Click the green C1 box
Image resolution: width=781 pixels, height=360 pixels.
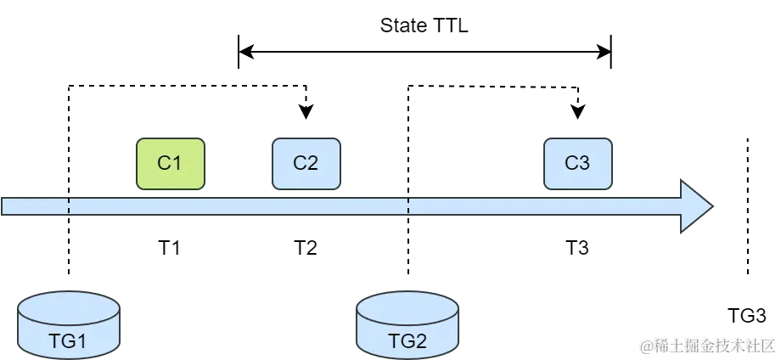pos(170,163)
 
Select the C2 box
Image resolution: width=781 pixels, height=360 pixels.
pos(306,163)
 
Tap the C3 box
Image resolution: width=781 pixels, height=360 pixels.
pos(577,163)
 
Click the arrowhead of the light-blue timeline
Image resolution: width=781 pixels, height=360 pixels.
pos(696,206)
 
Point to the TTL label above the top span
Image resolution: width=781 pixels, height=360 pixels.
pos(424,25)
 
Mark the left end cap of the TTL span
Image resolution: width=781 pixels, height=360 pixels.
pos(243,51)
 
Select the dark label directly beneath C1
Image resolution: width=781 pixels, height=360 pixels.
pos(170,248)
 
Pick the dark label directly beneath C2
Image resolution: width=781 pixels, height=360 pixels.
pos(306,248)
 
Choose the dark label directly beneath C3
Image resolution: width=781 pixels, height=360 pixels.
pos(577,248)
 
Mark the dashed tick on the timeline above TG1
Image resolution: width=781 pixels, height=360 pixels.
pos(70,206)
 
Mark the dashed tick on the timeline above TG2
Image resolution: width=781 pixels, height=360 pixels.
pos(409,206)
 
